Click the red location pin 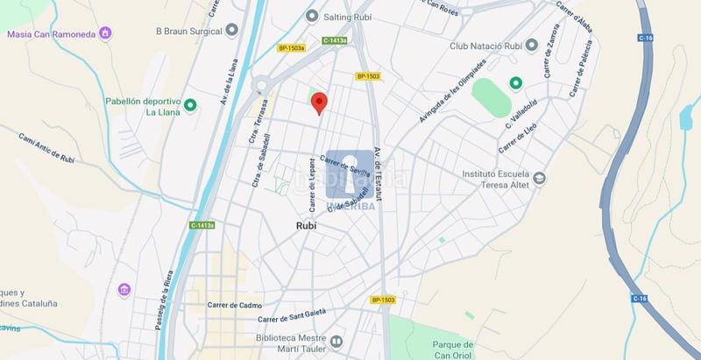coord(319,102)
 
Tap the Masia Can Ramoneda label coord(51,34)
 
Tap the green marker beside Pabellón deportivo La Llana coord(190,106)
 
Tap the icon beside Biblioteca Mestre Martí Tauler coord(336,341)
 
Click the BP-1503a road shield coord(291,48)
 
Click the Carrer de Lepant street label coord(311,183)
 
